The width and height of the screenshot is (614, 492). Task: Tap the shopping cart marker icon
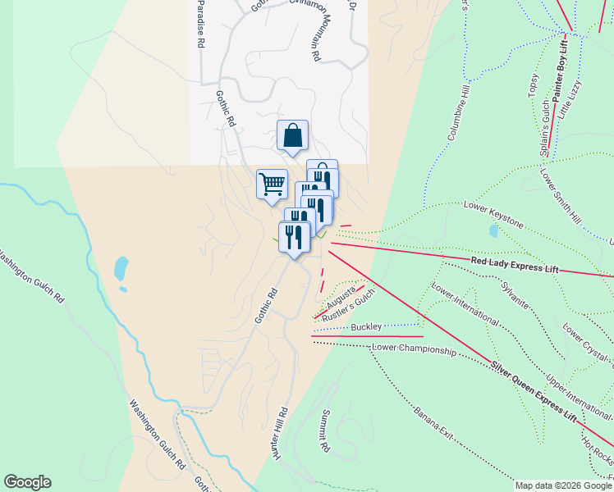(272, 183)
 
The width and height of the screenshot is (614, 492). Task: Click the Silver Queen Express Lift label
(534, 390)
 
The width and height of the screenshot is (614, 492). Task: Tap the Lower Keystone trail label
(493, 212)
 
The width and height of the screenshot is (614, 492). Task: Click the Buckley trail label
(366, 327)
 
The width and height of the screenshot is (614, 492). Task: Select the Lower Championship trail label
(413, 349)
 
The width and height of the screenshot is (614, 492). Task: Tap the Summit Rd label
(325, 431)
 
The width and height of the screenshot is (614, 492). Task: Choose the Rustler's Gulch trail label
(348, 305)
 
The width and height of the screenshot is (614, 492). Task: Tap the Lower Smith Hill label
(561, 197)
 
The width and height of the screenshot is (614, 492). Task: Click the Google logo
(27, 482)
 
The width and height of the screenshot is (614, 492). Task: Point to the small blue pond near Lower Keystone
(493, 231)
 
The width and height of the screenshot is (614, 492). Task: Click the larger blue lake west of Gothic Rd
(121, 267)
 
